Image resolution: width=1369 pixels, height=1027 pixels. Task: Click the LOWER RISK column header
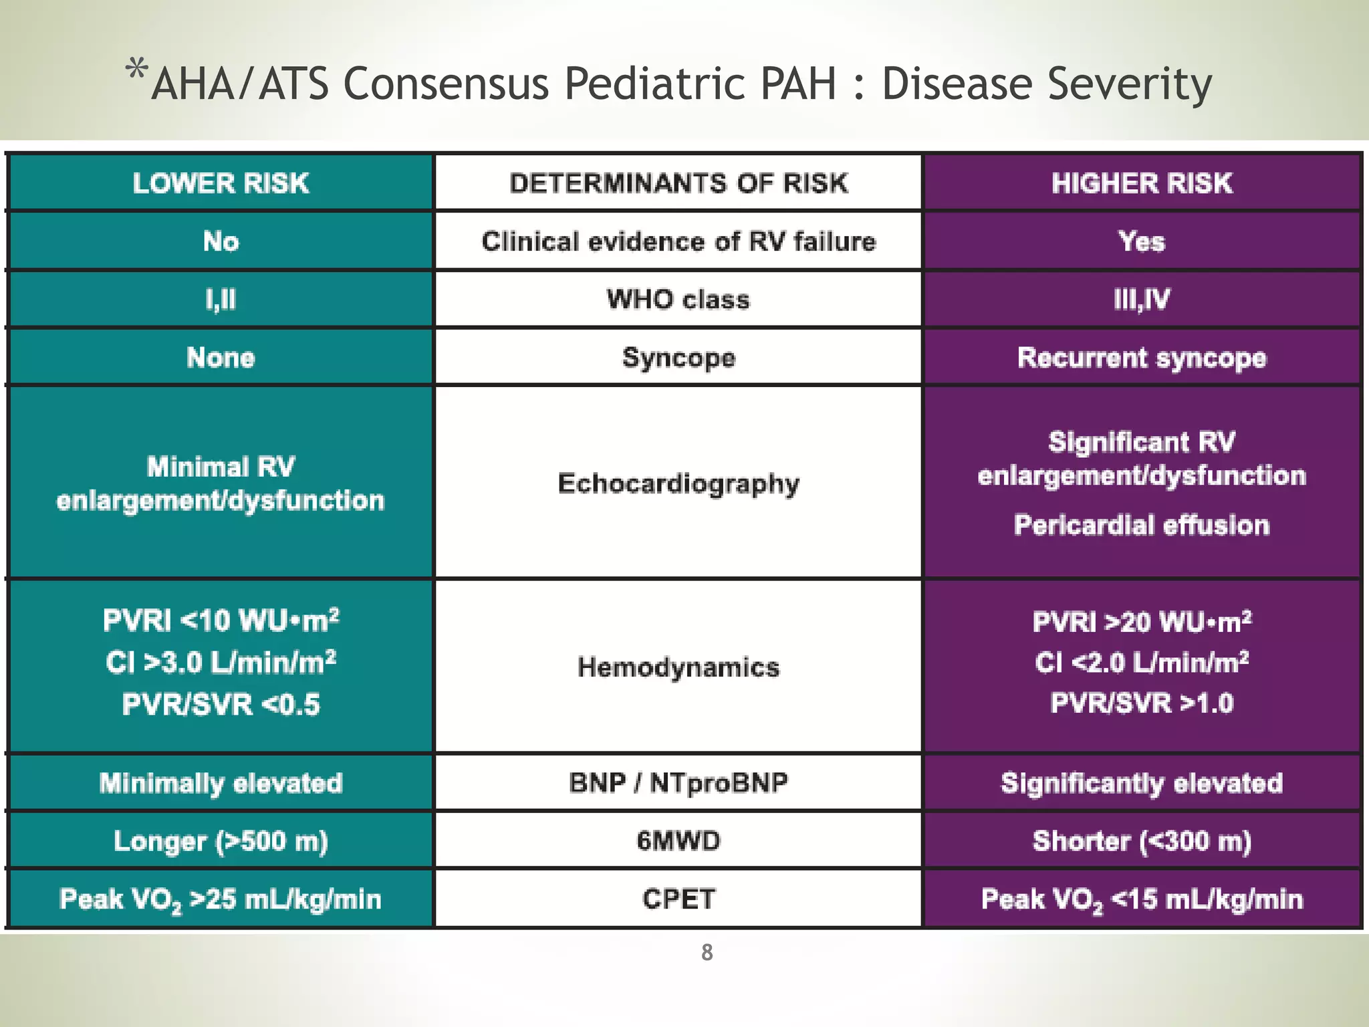(221, 183)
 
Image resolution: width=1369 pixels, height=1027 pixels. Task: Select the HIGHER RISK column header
(1142, 183)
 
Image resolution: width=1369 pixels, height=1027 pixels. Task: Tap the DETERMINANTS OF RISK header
(678, 183)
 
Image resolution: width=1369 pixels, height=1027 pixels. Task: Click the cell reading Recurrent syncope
(1142, 358)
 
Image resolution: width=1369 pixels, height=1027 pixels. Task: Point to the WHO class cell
(678, 300)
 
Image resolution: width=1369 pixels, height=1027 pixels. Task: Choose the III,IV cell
(1142, 300)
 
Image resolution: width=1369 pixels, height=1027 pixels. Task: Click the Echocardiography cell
(678, 483)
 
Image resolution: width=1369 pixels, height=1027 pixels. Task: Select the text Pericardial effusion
(1142, 526)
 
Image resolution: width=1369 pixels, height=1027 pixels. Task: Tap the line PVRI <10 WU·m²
(221, 620)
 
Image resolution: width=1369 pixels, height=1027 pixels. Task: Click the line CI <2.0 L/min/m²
(1142, 663)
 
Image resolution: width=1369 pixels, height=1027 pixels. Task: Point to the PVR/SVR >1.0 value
(1142, 703)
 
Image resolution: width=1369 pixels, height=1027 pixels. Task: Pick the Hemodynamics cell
(678, 667)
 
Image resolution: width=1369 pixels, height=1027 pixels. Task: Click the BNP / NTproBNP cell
(678, 783)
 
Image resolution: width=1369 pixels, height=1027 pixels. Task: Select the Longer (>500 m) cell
(221, 841)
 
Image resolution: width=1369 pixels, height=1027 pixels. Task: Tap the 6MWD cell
(678, 841)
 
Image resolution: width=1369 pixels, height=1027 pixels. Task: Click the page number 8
(707, 952)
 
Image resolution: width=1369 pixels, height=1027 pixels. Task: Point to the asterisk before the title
(136, 70)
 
